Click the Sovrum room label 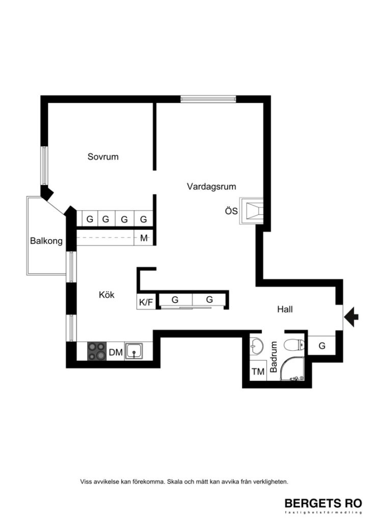click(102, 157)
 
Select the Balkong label click(46, 241)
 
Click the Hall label click(285, 309)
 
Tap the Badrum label click(274, 357)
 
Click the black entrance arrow click(351, 317)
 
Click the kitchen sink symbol click(135, 351)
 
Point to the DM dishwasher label click(116, 352)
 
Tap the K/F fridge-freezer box click(146, 302)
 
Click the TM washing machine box click(258, 372)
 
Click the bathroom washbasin click(256, 345)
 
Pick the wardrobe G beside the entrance click(322, 346)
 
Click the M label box click(144, 238)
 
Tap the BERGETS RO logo click(323, 504)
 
